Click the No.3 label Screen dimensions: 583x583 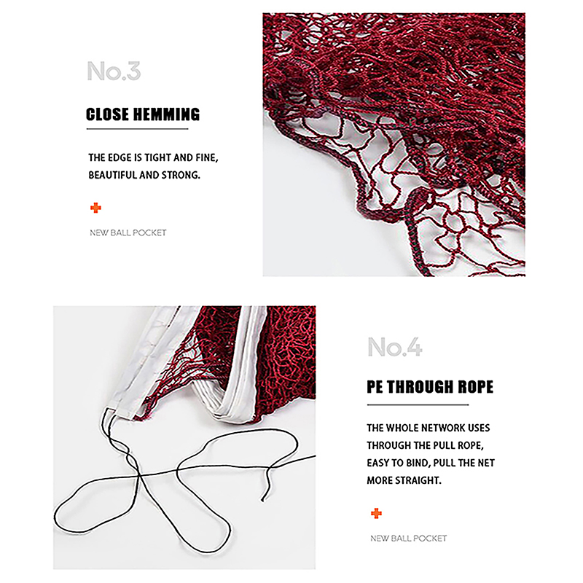point(114,71)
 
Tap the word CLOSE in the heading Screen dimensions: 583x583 point(107,114)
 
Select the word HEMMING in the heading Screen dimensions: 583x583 point(166,114)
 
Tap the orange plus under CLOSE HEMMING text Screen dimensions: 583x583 point(95,208)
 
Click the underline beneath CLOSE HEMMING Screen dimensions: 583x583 point(137,129)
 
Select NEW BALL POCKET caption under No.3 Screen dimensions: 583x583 point(128,232)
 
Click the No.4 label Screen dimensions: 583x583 point(395,348)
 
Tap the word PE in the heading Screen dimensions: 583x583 point(375,387)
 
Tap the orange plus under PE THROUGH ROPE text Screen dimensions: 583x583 point(376,514)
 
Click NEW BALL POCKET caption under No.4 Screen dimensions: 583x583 point(409,539)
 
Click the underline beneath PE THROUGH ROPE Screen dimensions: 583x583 point(418,404)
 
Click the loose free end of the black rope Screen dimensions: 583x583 point(262,501)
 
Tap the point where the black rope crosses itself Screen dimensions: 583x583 point(139,475)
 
